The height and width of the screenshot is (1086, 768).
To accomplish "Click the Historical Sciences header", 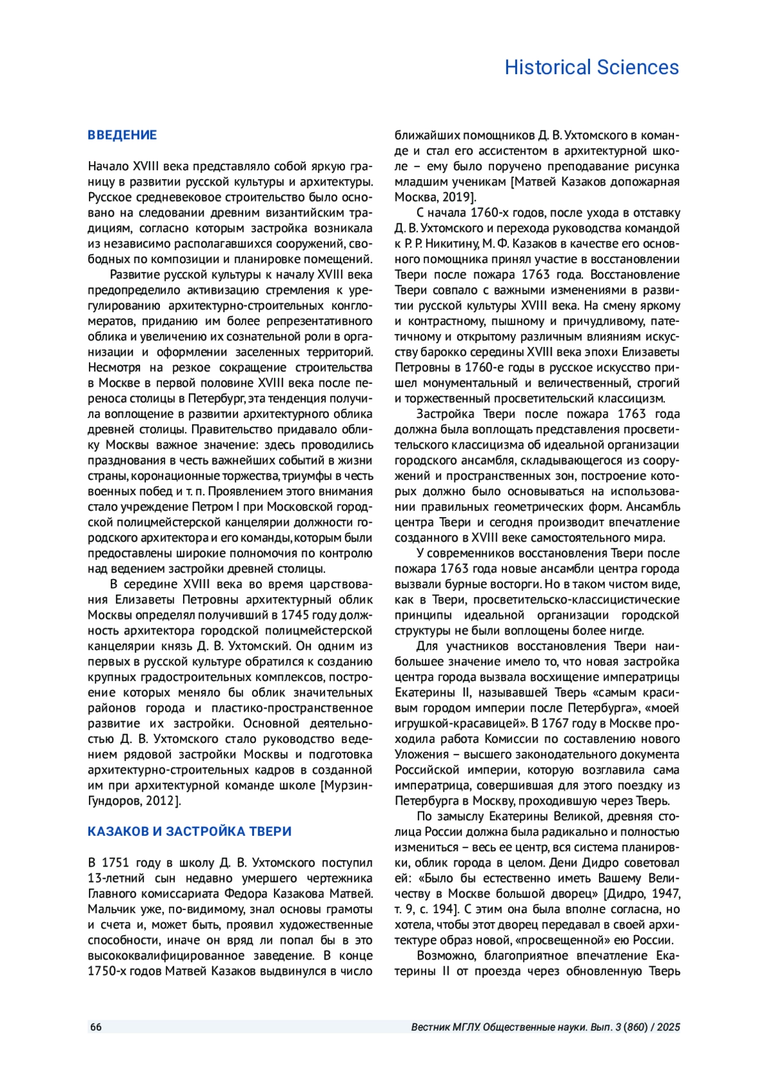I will pyautogui.click(x=591, y=67).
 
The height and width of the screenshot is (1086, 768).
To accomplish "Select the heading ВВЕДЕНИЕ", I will pyautogui.click(x=122, y=135).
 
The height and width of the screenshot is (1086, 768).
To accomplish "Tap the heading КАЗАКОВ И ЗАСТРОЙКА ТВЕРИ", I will pyautogui.click(x=189, y=831).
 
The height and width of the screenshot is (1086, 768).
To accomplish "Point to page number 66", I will pyautogui.click(x=96, y=1027).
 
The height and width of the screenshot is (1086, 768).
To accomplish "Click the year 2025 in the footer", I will pyautogui.click(x=668, y=1027).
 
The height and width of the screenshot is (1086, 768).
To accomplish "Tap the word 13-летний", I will pyautogui.click(x=116, y=878).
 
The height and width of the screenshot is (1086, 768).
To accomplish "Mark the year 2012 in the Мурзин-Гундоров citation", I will pyautogui.click(x=165, y=801).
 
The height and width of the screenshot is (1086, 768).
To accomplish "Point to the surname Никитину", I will pyautogui.click(x=441, y=244).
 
